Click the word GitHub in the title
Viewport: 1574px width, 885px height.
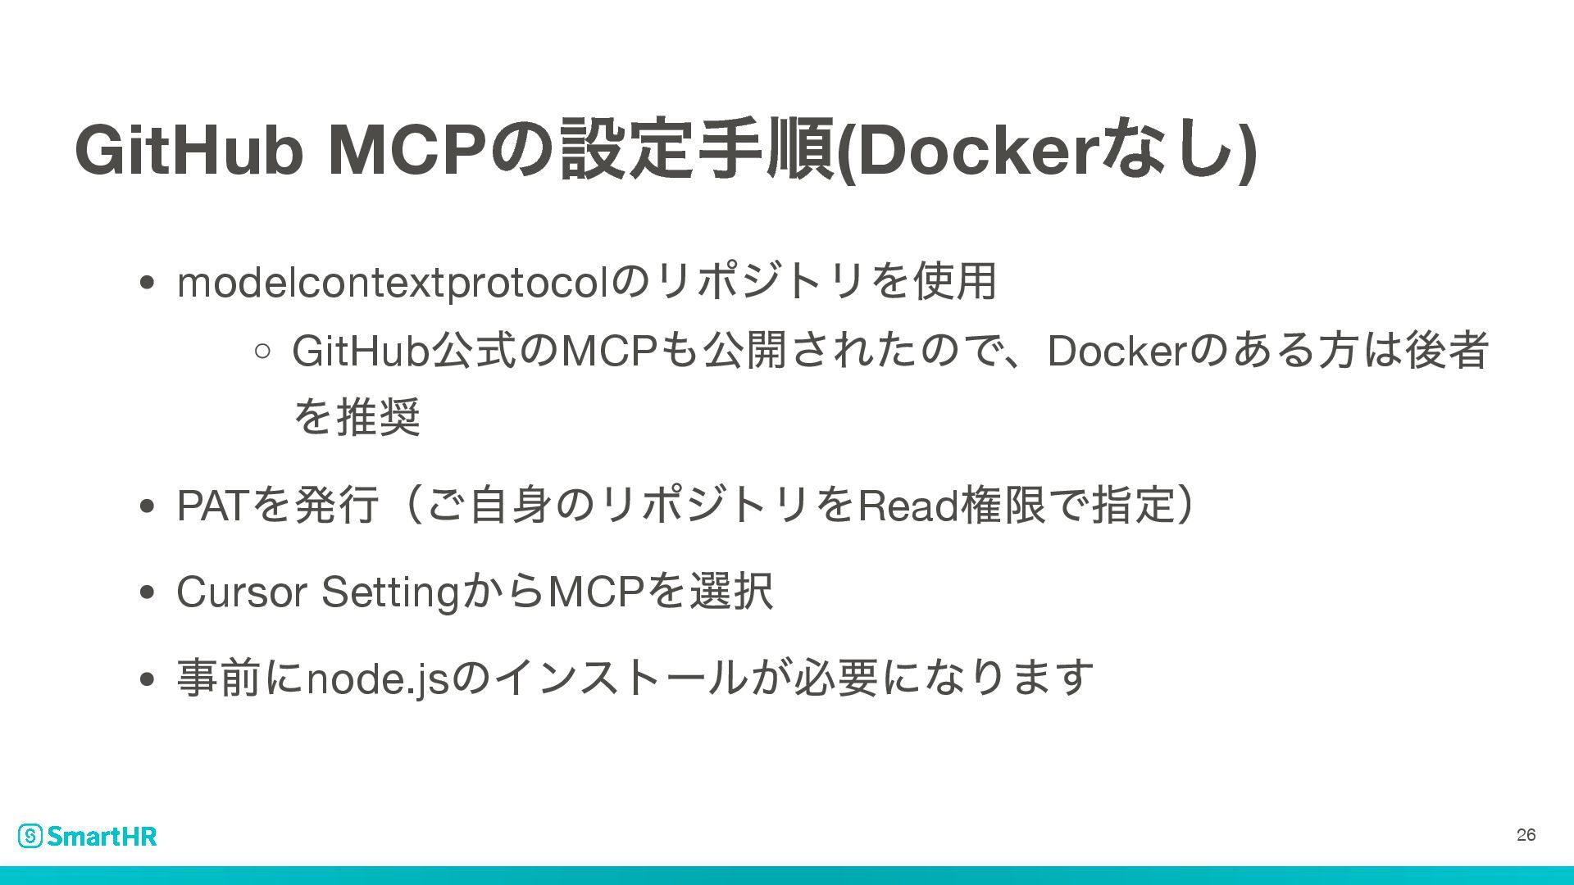[x=188, y=151]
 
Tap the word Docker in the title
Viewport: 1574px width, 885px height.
[x=976, y=151]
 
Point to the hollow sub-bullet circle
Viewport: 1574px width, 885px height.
[x=262, y=352]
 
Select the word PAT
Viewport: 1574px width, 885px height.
[x=211, y=506]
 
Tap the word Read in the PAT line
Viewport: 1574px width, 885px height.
[x=908, y=506]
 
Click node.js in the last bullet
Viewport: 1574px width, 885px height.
[x=377, y=679]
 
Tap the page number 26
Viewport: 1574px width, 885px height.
[x=1526, y=835]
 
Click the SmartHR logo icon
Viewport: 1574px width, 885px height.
[x=30, y=836]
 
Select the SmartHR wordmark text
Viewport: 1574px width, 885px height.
[x=102, y=836]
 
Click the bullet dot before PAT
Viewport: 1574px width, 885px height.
[x=148, y=507]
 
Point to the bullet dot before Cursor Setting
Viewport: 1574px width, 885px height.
[x=148, y=593]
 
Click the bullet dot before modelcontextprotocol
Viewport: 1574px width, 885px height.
[x=148, y=284]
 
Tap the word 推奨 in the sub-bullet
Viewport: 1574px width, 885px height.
[x=380, y=417]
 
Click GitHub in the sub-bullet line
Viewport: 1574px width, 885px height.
[x=361, y=352]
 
